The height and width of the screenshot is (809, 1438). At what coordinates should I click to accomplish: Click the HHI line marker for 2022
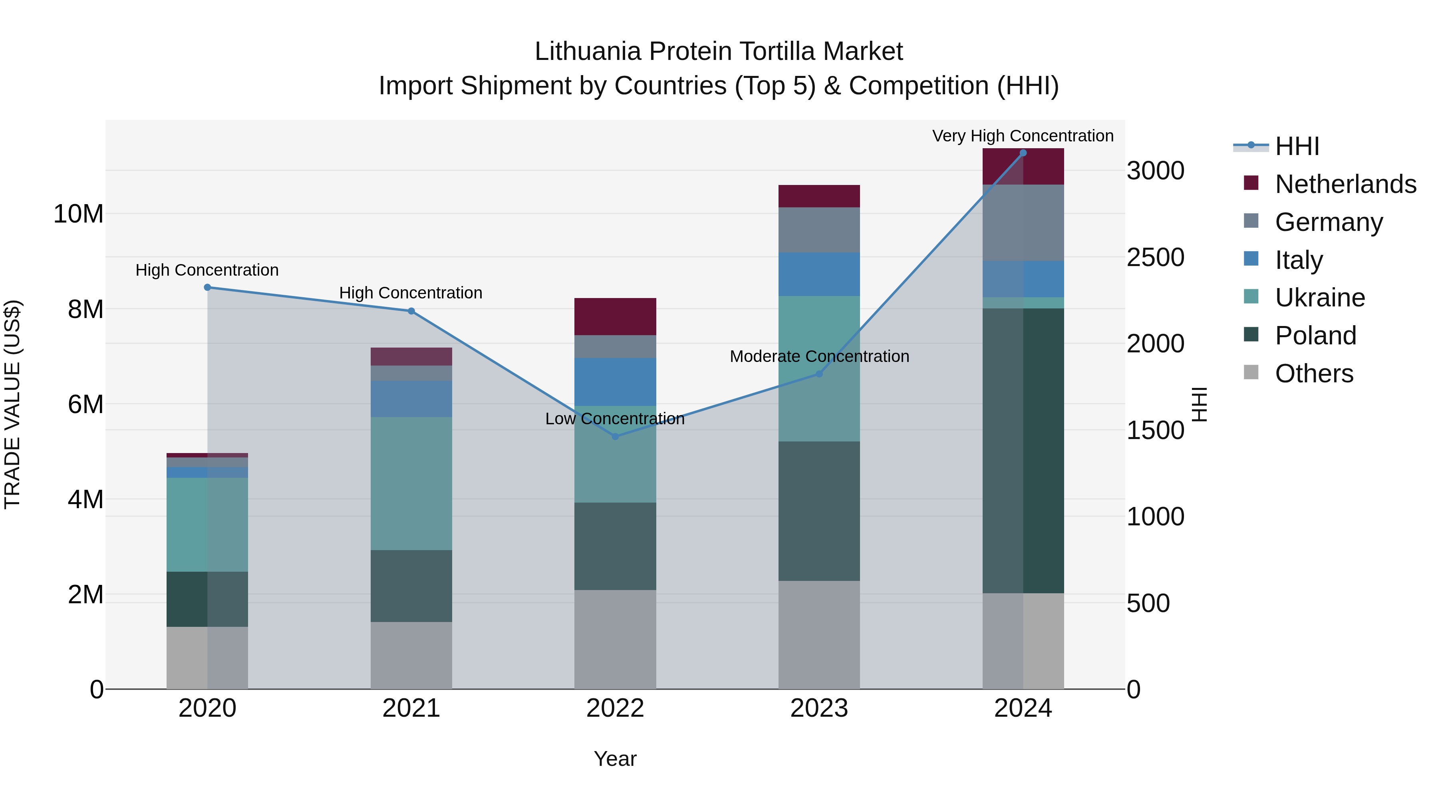coord(615,437)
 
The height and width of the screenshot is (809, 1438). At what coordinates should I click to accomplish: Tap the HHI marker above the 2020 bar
coord(207,288)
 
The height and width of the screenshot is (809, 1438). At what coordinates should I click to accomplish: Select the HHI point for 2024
coord(1023,153)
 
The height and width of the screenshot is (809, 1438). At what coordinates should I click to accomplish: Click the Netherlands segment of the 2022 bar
coord(615,316)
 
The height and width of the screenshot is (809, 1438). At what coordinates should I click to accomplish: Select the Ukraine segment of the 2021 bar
coord(411,483)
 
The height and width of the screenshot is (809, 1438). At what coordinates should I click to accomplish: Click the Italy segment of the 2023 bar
coord(819,274)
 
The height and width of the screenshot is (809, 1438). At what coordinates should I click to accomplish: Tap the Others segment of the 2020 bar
coord(207,658)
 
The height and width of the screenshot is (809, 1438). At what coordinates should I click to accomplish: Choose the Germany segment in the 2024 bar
coord(1023,223)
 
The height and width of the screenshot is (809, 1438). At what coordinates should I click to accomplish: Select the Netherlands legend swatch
coord(1251,183)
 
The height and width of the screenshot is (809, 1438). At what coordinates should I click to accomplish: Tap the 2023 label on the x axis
coord(819,708)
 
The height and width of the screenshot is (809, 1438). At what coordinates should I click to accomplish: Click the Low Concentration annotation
coord(615,419)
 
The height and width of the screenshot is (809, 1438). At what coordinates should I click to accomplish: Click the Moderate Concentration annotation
coord(819,356)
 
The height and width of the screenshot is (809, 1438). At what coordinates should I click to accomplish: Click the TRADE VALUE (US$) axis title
coord(12,404)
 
